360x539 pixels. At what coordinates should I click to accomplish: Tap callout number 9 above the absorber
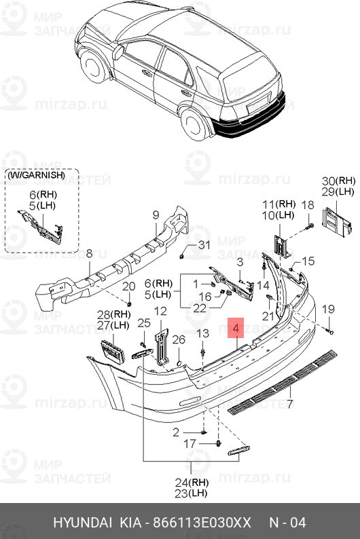click(155, 215)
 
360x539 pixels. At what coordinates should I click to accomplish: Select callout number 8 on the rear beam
click(88, 254)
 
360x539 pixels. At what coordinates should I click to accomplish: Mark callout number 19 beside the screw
click(328, 310)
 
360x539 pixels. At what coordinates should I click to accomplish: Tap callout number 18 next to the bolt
click(307, 205)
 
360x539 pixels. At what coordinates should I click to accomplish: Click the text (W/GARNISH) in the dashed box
click(37, 175)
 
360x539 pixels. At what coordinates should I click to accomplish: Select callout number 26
click(178, 339)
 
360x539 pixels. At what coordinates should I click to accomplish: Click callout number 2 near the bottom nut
click(176, 432)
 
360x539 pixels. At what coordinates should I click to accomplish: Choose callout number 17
click(191, 444)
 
